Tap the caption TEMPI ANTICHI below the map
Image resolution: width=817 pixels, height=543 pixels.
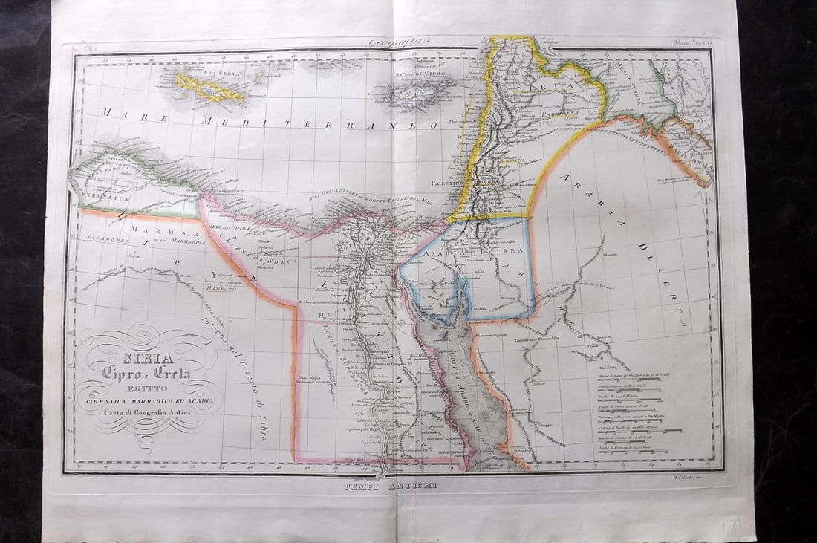point(391,485)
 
